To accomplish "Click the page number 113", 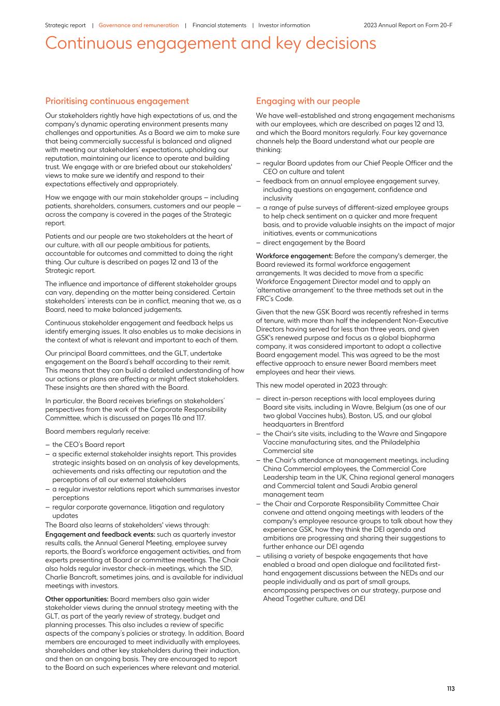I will pyautogui.click(x=451, y=688).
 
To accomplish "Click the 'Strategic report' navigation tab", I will pyautogui.click(x=65, y=25).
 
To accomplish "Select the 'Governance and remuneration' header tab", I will pyautogui.click(x=139, y=25).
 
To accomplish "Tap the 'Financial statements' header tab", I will pyautogui.click(x=219, y=25).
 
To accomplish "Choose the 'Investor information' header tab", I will pyautogui.click(x=284, y=25).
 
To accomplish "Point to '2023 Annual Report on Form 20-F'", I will pyautogui.click(x=408, y=25).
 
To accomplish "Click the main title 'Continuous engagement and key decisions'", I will pyautogui.click(x=211, y=43).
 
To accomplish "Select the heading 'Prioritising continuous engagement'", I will pyautogui.click(x=117, y=101).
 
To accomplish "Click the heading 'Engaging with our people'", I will pyautogui.click(x=308, y=101).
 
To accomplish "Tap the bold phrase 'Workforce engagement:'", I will pyautogui.click(x=294, y=256).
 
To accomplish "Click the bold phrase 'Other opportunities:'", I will pyautogui.click(x=77, y=599).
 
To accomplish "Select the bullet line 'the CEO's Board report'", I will pyautogui.click(x=88, y=445).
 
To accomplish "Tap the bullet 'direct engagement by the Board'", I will pyautogui.click(x=314, y=243).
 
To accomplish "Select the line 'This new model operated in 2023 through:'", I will pyautogui.click(x=321, y=385).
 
